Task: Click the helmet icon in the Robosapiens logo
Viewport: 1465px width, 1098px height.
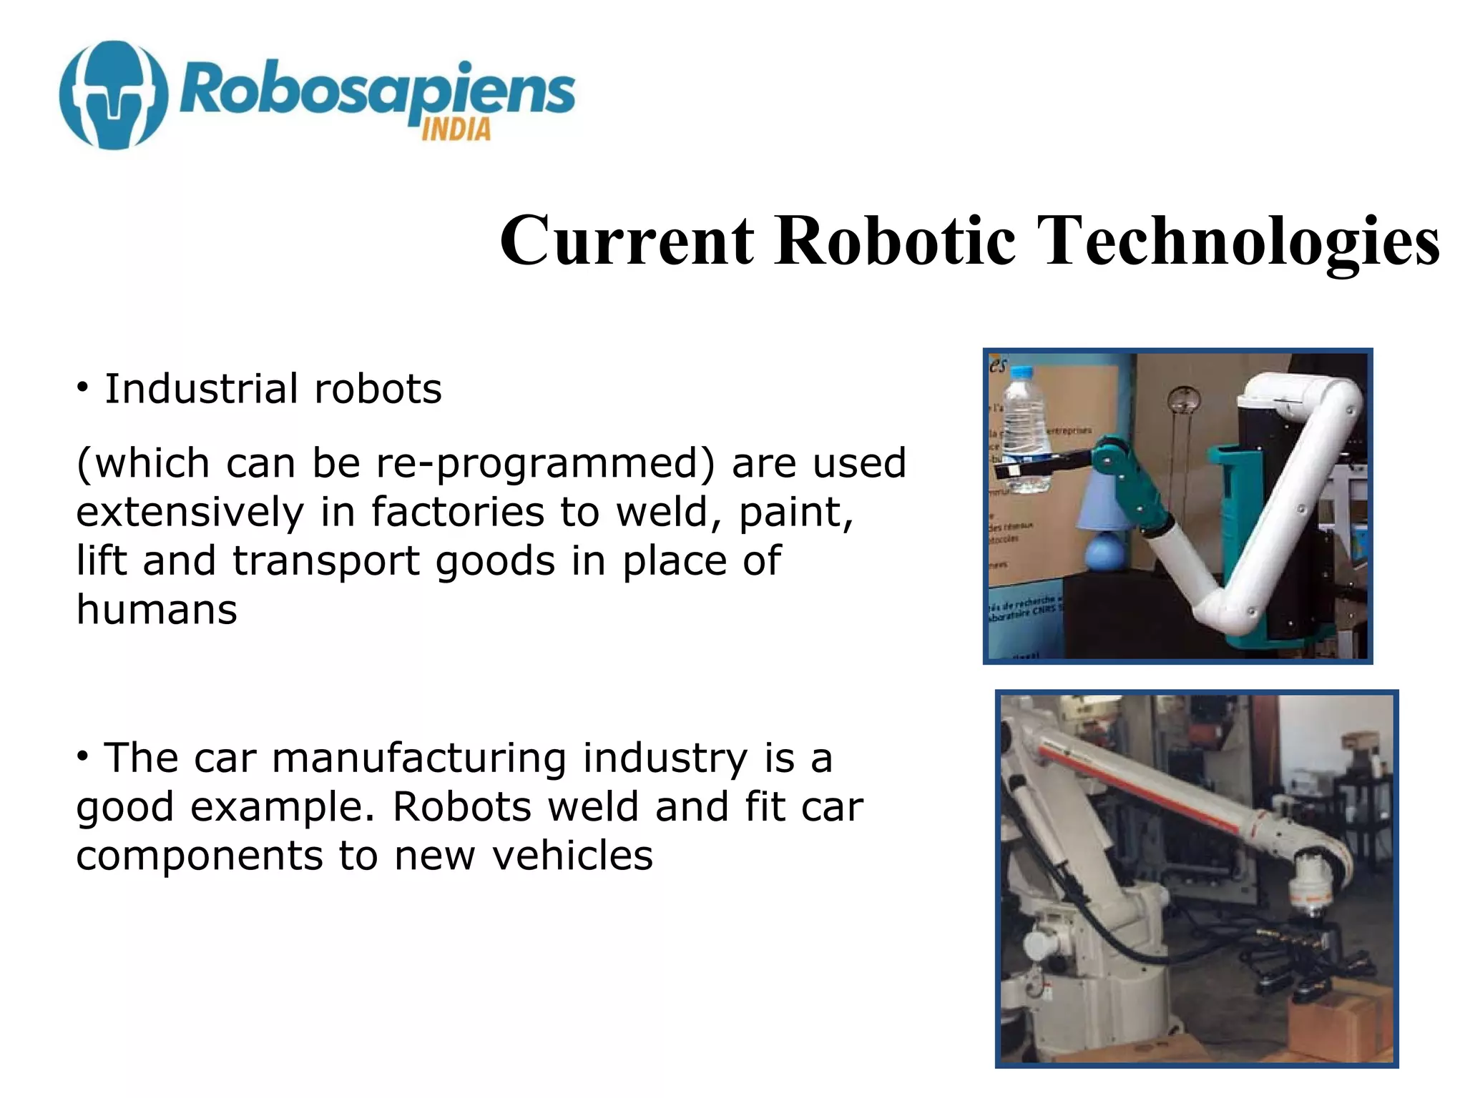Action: click(114, 95)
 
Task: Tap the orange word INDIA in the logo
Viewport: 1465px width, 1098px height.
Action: click(456, 130)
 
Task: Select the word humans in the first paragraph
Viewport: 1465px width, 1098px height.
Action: click(157, 610)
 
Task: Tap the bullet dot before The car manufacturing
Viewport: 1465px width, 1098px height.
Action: click(84, 756)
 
